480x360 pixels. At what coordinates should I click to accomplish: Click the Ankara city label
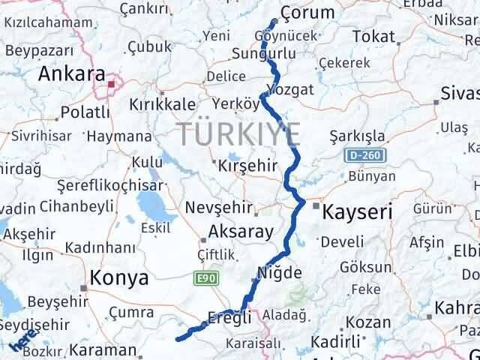71,74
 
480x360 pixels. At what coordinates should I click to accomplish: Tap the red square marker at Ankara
111,84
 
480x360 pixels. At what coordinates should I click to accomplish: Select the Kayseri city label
357,212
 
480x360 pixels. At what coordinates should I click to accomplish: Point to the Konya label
118,277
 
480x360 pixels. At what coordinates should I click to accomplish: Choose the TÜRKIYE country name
239,135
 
